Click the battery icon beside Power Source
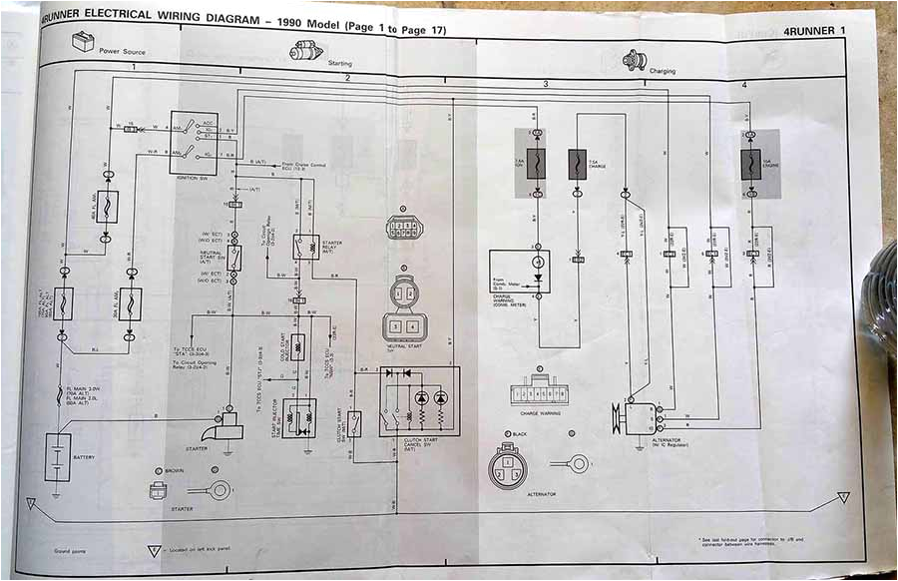coord(82,43)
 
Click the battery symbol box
coord(58,457)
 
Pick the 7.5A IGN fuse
coord(536,163)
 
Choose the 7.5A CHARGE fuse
coord(577,164)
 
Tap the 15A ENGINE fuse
coord(750,164)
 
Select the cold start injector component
coord(296,346)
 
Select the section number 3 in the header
coord(546,85)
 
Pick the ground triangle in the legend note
coord(154,550)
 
